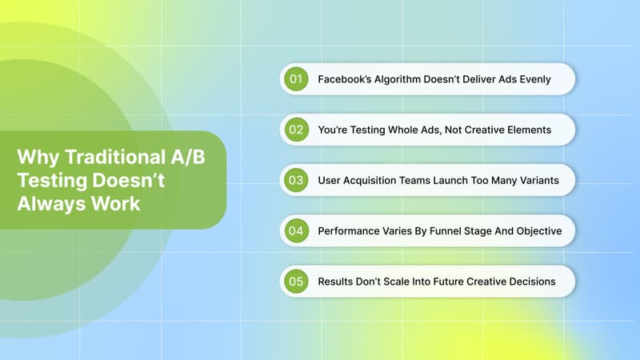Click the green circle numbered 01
coord(296,79)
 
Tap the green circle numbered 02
coord(296,130)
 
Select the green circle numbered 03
coord(296,180)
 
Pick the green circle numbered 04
coord(296,230)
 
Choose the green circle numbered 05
coord(296,282)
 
